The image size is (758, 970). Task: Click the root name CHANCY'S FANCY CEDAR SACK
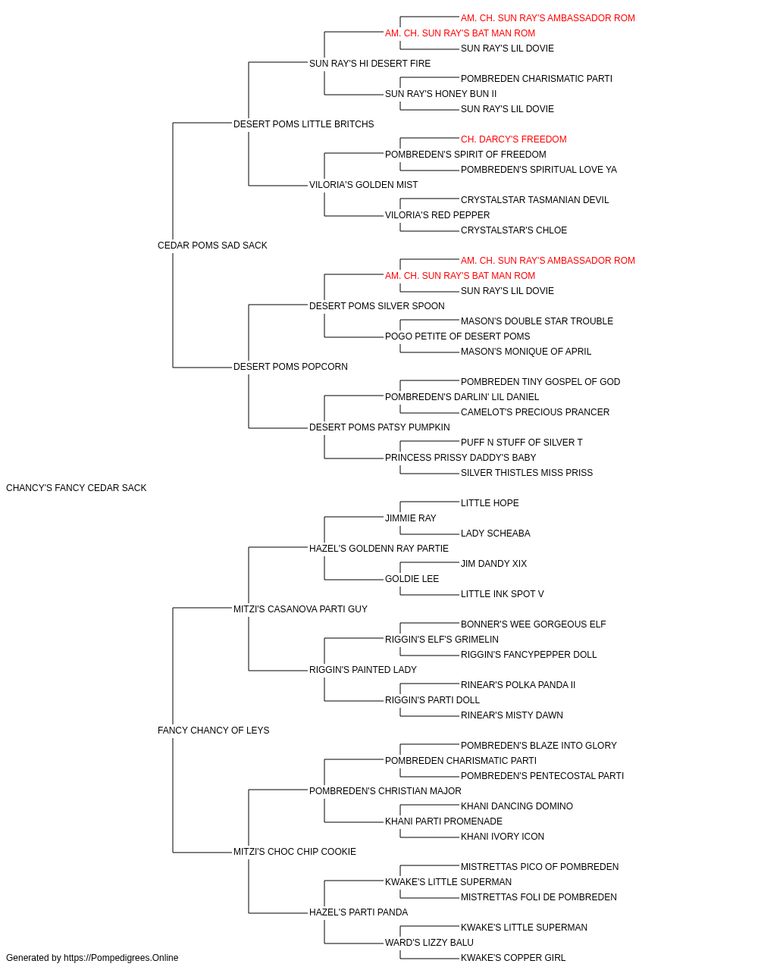pyautogui.click(x=76, y=487)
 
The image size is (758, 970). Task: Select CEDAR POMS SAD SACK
pyautogui.click(x=212, y=245)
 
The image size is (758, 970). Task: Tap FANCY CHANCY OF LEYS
pyautogui.click(x=214, y=730)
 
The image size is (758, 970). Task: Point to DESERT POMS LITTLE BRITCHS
pyautogui.click(x=303, y=124)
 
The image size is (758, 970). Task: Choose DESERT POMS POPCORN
pyautogui.click(x=290, y=366)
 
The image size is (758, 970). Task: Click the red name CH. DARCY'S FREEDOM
pyautogui.click(x=513, y=139)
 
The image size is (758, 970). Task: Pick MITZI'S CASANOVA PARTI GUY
pyautogui.click(x=300, y=609)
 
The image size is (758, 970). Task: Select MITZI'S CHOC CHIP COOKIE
pyautogui.click(x=295, y=851)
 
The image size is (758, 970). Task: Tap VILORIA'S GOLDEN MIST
pyautogui.click(x=363, y=184)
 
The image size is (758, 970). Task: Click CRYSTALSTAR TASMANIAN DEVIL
pyautogui.click(x=534, y=199)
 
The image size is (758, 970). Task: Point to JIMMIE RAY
pyautogui.click(x=410, y=518)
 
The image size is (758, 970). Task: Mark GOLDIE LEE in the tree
pyautogui.click(x=412, y=578)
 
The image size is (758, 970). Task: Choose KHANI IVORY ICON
pyautogui.click(x=503, y=836)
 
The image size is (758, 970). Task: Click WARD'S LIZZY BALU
pyautogui.click(x=429, y=942)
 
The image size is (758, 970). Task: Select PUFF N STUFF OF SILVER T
pyautogui.click(x=522, y=442)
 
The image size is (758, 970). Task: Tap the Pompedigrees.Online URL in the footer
pyautogui.click(x=121, y=957)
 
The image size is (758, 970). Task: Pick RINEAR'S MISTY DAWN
pyautogui.click(x=512, y=715)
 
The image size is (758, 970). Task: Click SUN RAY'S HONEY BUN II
pyautogui.click(x=440, y=93)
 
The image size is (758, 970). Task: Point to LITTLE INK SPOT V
pyautogui.click(x=503, y=593)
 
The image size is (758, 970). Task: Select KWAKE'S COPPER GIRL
pyautogui.click(x=513, y=957)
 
